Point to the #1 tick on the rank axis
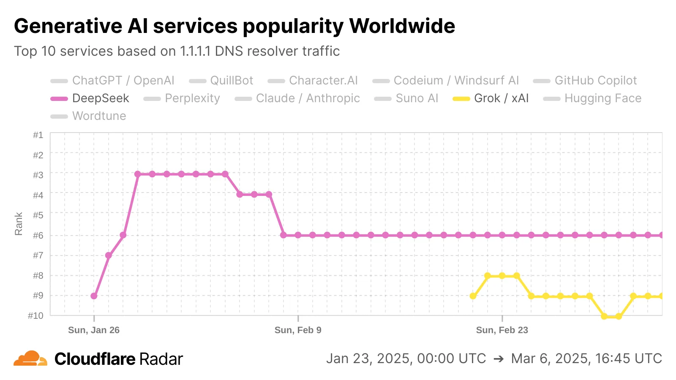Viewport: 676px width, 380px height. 38,135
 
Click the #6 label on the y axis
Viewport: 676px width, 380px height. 38,235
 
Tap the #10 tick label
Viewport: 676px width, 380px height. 36,316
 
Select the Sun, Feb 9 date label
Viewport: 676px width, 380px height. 298,330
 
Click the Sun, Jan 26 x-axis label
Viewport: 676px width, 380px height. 94,330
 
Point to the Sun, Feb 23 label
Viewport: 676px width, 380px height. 502,330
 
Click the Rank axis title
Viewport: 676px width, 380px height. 19,224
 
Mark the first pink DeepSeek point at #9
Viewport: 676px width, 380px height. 94,296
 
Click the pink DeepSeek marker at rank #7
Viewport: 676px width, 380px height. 109,255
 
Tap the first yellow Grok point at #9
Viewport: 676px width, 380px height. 473,296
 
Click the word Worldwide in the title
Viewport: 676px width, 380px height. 402,26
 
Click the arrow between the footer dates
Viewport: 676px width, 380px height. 499,359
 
